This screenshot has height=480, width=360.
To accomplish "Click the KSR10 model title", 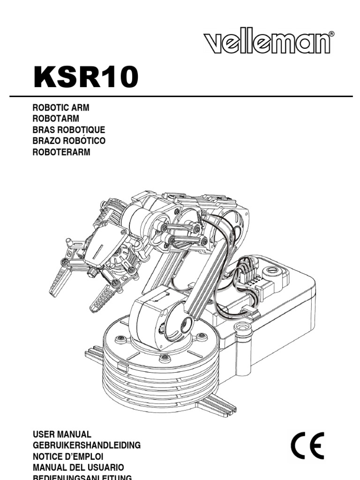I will click(x=86, y=77).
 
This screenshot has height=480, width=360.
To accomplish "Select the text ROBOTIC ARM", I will click(x=60, y=108).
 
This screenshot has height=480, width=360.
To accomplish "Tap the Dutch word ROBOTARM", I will click(x=55, y=119).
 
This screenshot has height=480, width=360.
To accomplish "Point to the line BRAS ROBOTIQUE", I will click(x=68, y=130).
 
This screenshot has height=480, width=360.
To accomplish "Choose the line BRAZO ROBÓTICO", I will click(x=68, y=141).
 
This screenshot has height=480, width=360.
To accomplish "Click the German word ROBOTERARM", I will click(x=61, y=152).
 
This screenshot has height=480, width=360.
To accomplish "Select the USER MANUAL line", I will click(x=62, y=435).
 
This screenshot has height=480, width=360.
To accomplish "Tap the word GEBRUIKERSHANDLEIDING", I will click(x=86, y=445).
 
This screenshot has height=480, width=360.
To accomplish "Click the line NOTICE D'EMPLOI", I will click(x=68, y=456).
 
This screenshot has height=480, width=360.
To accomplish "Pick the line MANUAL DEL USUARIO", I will click(x=78, y=467).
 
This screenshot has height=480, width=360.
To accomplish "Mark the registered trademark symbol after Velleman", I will click(x=331, y=34).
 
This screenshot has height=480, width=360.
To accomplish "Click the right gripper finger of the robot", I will click(x=103, y=295).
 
